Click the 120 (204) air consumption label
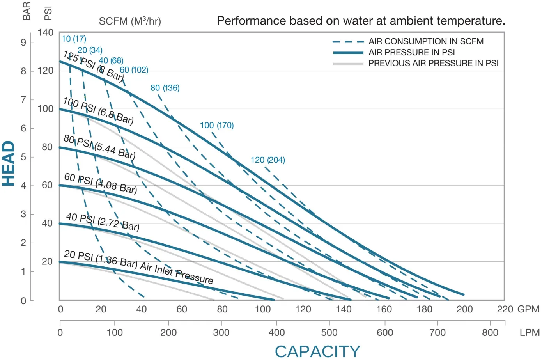pos(267,160)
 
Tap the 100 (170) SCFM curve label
pos(217,125)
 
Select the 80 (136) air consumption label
pos(165,88)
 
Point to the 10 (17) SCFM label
pos(74,39)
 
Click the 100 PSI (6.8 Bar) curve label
pos(98,111)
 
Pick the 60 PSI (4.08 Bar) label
pos(101,183)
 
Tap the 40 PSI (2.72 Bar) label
pos(103,222)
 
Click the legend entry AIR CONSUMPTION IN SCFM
pos(426,41)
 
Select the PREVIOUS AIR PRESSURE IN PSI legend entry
pos(433,63)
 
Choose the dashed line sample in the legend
pos(348,42)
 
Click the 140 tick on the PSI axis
pos(46,33)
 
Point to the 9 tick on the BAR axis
pos(24,43)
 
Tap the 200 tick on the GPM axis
pos(464,309)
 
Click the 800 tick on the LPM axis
pos(490,332)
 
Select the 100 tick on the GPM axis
pos(262,309)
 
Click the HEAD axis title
pos(9,163)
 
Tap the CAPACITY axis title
pos(317,351)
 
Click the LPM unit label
pos(530,333)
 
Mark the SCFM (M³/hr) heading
pos(130,21)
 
